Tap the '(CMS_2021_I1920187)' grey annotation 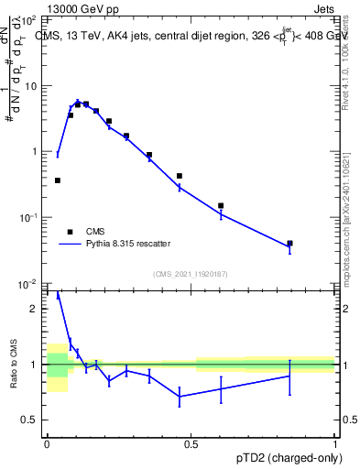(x=191, y=274)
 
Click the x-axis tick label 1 (x=335, y=442)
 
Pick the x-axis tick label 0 (x=47, y=442)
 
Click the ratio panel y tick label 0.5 (x=29, y=420)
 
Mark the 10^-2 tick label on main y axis (x=28, y=284)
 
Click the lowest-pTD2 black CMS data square (x=58, y=180)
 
